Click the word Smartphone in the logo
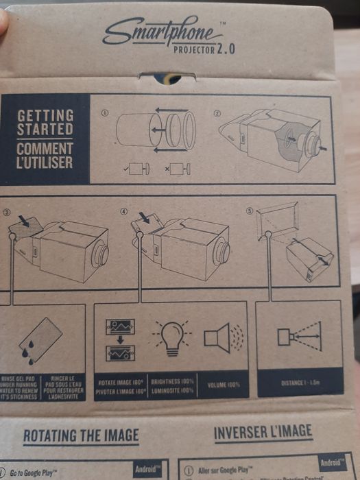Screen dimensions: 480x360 (x=153, y=31)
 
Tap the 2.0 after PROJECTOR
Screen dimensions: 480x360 (x=226, y=49)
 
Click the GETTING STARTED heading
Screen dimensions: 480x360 (x=45, y=122)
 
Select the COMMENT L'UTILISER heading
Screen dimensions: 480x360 (x=45, y=156)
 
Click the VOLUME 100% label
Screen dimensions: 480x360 (x=223, y=384)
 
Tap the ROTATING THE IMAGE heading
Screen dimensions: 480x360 (x=81, y=435)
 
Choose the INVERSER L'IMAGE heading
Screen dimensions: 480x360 (x=263, y=432)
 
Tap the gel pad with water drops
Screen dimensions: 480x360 (x=43, y=342)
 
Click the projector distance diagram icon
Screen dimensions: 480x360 (x=298, y=336)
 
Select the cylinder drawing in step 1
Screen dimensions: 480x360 (x=134, y=130)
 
